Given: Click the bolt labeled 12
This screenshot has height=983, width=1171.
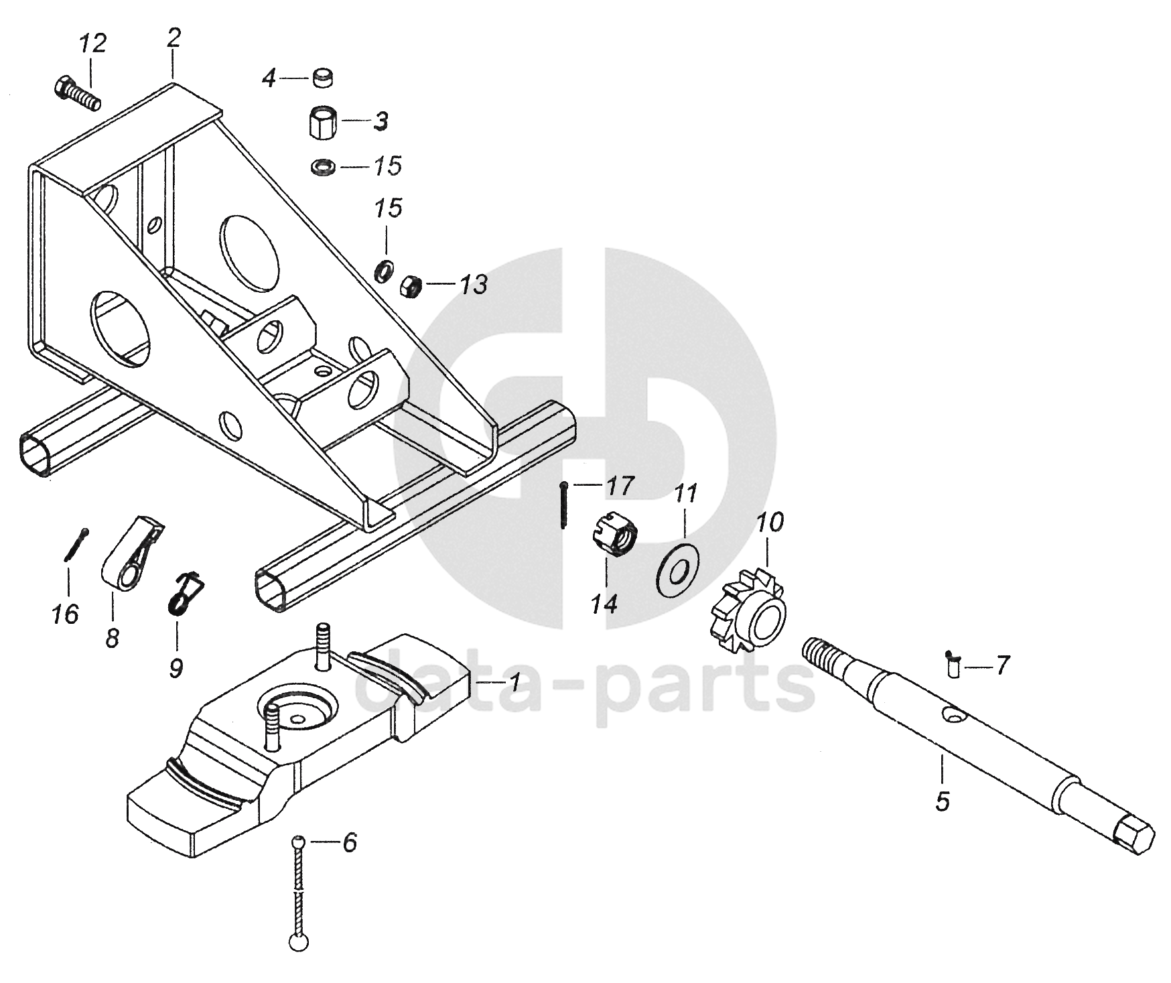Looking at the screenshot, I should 76,94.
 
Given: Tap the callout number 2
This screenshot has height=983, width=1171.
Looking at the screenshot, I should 173,39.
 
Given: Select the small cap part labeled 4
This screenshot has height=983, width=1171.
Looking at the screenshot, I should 323,78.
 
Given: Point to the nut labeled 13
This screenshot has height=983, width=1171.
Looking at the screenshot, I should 409,287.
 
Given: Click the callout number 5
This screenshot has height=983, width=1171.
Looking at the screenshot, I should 942,802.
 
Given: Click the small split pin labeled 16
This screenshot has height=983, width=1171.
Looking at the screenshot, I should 76,543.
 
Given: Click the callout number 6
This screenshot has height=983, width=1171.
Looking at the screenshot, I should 349,842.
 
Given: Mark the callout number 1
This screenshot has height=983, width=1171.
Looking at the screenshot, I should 513,683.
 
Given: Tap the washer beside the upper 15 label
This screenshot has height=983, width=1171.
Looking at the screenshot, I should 324,165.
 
